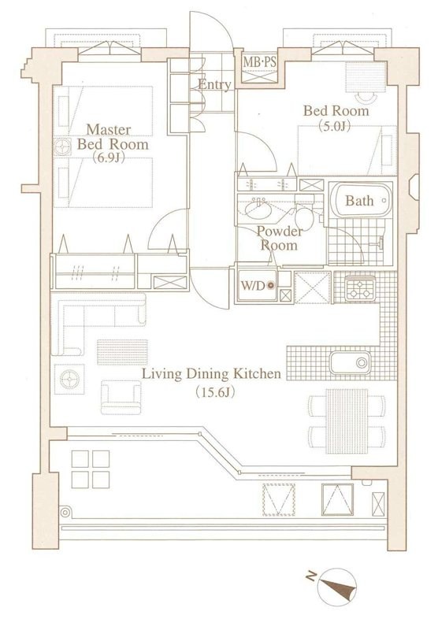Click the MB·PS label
click(x=260, y=62)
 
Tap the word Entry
click(x=214, y=84)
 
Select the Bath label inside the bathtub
click(x=359, y=201)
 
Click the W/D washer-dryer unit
click(x=257, y=285)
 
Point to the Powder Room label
click(x=280, y=239)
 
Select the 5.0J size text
click(x=335, y=126)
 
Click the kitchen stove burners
click(x=360, y=289)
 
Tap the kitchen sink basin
click(x=350, y=363)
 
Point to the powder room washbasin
click(x=258, y=209)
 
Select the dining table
click(x=347, y=421)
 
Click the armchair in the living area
click(x=121, y=398)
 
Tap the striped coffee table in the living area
click(x=122, y=352)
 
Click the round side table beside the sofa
click(x=69, y=379)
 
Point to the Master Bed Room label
click(x=113, y=137)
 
